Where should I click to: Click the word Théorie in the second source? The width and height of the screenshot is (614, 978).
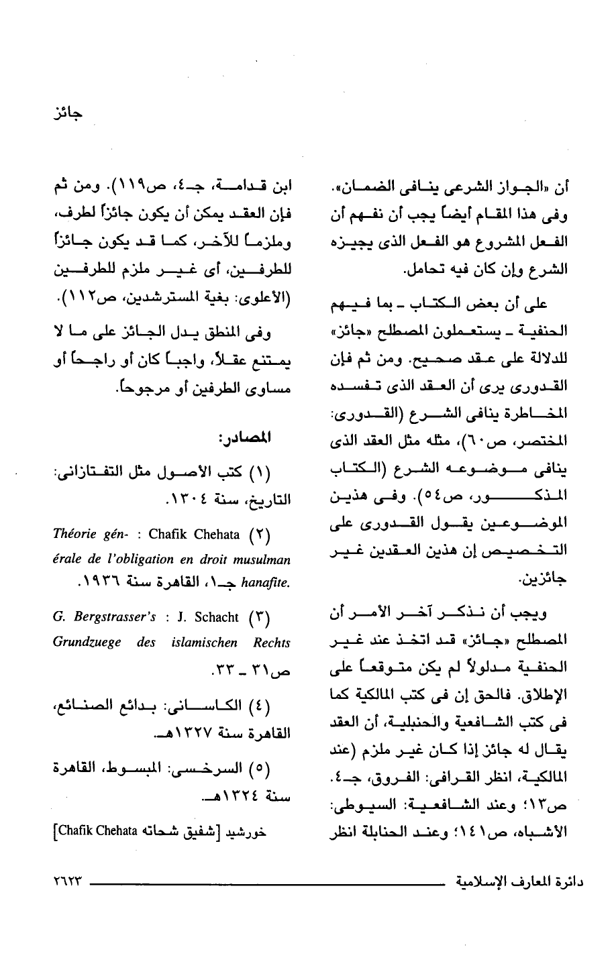pos(74,535)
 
